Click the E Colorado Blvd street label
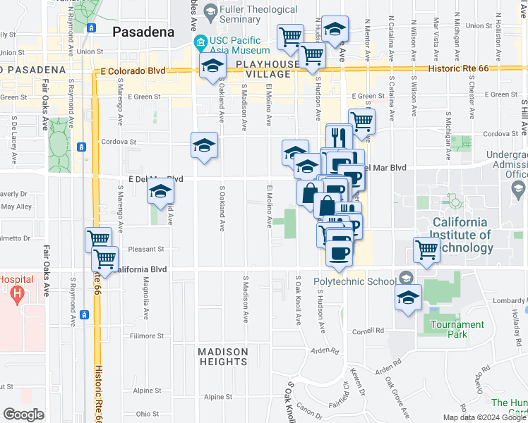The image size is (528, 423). tap(133, 71)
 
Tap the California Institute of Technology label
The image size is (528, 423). tap(462, 235)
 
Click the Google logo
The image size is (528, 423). tap(23, 414)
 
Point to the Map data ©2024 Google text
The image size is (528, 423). tap(484, 417)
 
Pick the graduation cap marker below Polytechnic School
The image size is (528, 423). tap(408, 297)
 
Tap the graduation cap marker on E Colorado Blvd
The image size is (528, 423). tap(212, 68)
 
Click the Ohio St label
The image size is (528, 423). tap(148, 414)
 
